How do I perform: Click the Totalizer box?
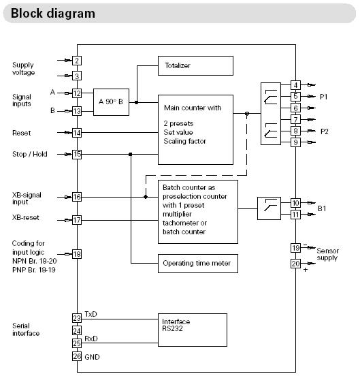tap(195, 65)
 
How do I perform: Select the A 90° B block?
tap(111, 102)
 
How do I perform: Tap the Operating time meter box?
tap(198, 264)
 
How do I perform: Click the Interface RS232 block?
tap(193, 330)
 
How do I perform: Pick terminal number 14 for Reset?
tap(77, 133)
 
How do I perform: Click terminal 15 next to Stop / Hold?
tap(77, 154)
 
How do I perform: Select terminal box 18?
tap(77, 254)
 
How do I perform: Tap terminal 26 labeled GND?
tap(77, 356)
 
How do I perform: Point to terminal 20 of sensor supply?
tap(295, 264)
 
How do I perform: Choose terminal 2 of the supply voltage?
tap(77, 61)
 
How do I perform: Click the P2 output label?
tap(325, 131)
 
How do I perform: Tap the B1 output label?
tap(322, 208)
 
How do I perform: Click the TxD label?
tap(91, 314)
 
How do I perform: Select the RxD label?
tap(91, 339)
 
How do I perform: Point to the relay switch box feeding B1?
tap(269, 208)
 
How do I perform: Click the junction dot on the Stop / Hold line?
tap(130, 154)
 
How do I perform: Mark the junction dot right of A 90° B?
tap(137, 102)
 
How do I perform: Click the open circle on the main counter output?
tap(247, 114)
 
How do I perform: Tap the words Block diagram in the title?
tap(53, 14)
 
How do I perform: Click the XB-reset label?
tap(26, 217)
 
